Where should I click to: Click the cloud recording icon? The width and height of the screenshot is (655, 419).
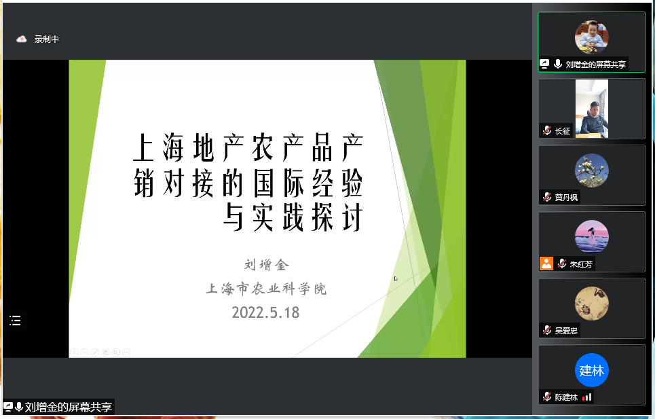coord(21,39)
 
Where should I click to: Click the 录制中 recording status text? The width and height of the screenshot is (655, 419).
coord(46,39)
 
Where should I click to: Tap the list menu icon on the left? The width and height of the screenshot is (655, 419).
coord(15,321)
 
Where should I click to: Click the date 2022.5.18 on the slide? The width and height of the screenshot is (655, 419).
coord(265,312)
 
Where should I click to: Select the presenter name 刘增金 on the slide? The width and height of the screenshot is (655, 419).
coord(267,264)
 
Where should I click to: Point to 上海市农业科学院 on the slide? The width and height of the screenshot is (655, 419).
coord(266,289)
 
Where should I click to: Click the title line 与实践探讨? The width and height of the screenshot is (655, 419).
coord(293,217)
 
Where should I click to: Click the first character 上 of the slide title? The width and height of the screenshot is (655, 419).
coord(144,147)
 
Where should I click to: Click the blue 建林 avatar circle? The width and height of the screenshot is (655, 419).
coord(591,370)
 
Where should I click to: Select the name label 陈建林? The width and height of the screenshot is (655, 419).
coord(566,397)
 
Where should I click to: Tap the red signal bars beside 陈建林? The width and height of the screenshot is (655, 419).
coord(587,397)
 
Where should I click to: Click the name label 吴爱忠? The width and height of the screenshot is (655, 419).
coord(566,331)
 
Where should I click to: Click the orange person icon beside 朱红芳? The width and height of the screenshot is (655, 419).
coord(546,263)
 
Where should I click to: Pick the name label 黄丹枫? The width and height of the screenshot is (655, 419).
coord(566,198)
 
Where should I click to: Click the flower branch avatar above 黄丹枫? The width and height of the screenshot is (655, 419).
coord(591,170)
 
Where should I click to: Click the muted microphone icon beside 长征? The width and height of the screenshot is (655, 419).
coord(547,131)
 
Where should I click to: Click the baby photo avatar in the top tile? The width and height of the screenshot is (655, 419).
coord(591,37)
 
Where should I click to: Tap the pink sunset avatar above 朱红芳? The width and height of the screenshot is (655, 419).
coord(591,237)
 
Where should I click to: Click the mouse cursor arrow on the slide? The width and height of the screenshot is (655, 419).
coord(396,278)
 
